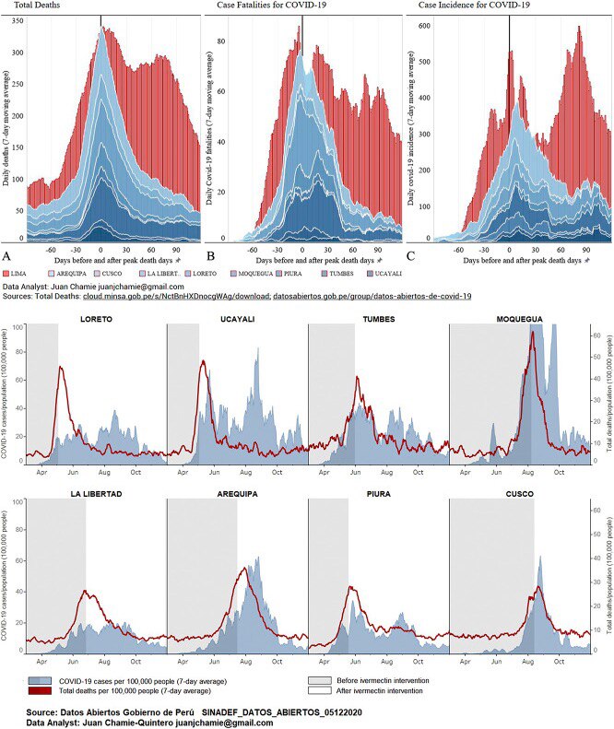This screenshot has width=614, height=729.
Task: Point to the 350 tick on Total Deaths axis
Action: point(17,20)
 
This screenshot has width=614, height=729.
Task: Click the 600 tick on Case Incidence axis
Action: point(424,25)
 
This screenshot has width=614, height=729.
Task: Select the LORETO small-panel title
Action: point(96,319)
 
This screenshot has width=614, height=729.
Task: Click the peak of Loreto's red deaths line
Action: point(61,368)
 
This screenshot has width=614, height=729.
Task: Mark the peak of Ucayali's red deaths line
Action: point(203,361)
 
